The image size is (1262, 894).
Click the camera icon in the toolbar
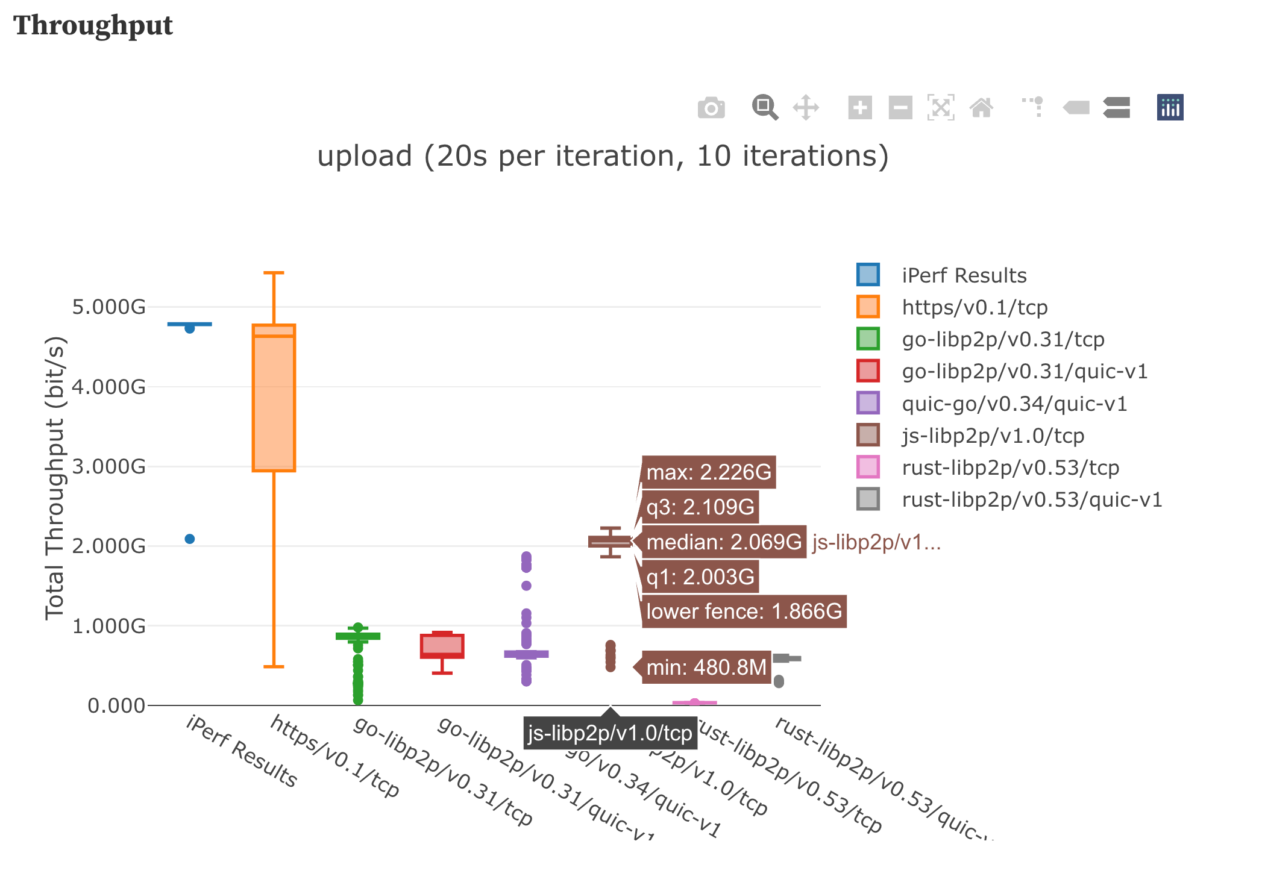(711, 108)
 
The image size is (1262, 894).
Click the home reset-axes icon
(981, 108)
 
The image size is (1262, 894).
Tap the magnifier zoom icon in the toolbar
(764, 108)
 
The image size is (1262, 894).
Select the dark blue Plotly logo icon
(1170, 108)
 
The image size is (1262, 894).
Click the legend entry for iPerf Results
(963, 275)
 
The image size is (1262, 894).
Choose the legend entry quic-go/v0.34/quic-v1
(1014, 404)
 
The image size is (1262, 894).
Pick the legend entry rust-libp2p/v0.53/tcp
(1010, 467)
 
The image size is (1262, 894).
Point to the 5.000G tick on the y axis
(109, 307)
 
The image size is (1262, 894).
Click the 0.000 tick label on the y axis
(116, 705)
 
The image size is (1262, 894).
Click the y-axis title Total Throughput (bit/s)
(55, 478)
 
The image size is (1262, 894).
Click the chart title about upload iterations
(603, 156)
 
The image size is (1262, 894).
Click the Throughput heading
(93, 25)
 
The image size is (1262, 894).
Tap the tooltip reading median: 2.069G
(723, 542)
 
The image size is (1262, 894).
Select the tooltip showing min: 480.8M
(706, 667)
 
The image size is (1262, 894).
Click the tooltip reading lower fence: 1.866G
(743, 611)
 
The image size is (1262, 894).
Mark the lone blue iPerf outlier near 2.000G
(190, 539)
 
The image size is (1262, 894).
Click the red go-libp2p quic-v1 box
(442, 646)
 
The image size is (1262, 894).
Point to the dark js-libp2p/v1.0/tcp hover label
(610, 733)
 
